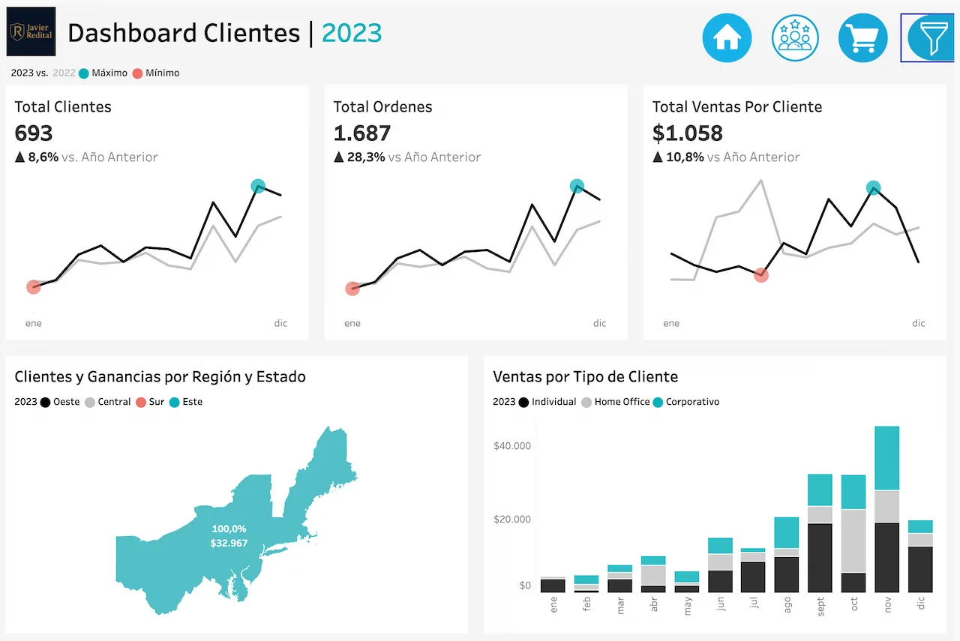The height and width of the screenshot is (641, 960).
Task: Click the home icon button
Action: [x=727, y=37]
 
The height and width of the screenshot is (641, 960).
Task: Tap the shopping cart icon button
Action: [x=863, y=37]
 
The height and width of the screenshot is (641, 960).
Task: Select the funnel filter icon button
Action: [x=931, y=37]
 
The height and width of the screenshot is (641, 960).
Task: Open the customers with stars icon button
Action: [x=795, y=37]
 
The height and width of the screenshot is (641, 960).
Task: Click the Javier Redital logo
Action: [x=31, y=31]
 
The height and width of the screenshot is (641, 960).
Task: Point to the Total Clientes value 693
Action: [x=34, y=133]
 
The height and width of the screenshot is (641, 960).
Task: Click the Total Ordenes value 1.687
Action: [x=362, y=133]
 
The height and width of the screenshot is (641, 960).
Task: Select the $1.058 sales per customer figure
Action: [x=687, y=133]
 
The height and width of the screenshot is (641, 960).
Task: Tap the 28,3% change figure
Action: [x=366, y=157]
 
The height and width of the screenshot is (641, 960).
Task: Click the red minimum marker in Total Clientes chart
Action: [x=34, y=287]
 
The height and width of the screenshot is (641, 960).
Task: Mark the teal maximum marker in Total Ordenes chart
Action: [x=577, y=186]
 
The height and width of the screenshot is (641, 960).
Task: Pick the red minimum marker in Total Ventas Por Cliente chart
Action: [x=761, y=275]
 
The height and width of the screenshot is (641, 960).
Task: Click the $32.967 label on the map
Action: [x=229, y=543]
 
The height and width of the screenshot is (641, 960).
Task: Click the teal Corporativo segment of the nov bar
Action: [x=887, y=457]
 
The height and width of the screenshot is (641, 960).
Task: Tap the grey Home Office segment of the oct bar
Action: [x=853, y=540]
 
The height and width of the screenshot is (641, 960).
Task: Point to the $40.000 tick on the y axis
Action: [x=512, y=446]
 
